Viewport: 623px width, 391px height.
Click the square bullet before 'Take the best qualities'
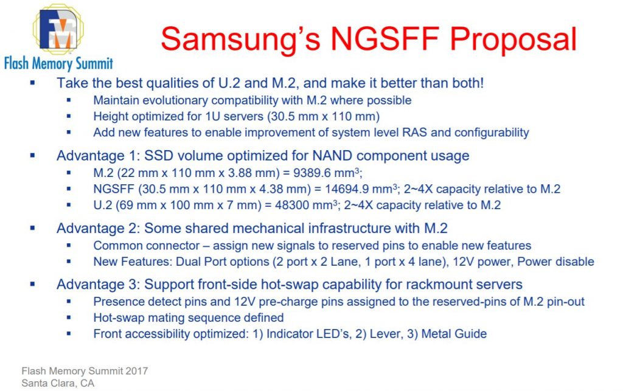tap(33, 83)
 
